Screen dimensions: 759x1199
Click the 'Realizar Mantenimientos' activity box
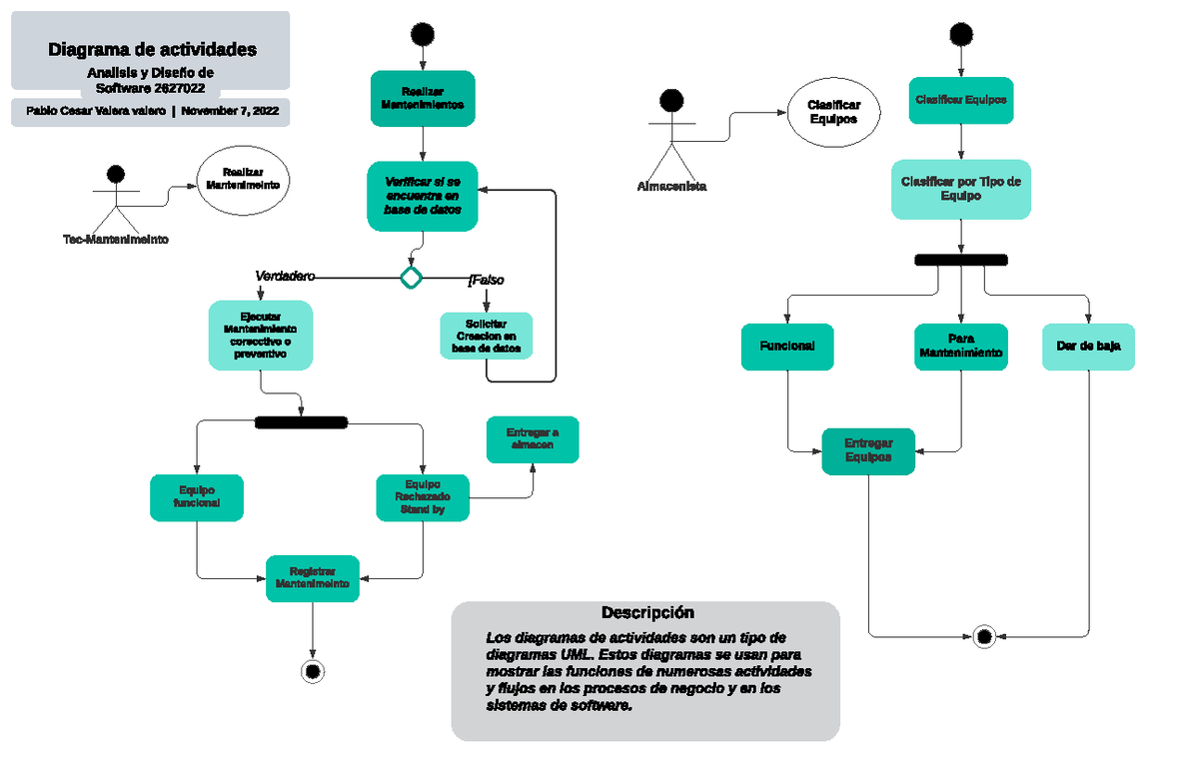coord(424,98)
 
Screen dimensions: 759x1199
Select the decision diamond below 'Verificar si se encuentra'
coord(411,277)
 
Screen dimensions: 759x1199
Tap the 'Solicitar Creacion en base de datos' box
coord(486,337)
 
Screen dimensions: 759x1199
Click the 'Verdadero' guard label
coord(285,276)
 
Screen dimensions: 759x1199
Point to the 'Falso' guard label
coord(487,280)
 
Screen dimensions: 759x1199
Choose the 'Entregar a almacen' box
coord(533,439)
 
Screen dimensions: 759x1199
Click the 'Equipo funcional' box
coord(197,497)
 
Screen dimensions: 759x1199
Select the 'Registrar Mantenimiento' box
coord(313,577)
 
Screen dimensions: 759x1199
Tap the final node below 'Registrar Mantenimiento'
coord(313,670)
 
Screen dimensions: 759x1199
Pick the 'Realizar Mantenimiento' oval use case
coord(242,179)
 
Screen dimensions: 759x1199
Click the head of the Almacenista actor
coord(671,100)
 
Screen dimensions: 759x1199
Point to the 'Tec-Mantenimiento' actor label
coord(116,240)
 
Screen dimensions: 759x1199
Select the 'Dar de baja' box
coord(1087,347)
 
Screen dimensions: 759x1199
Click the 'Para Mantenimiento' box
coord(961,347)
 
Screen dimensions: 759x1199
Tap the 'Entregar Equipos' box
coord(868,450)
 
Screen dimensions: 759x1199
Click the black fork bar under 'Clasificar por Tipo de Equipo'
coord(961,260)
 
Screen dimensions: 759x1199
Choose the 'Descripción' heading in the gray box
coord(646,612)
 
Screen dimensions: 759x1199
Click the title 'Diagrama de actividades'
coord(152,49)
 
